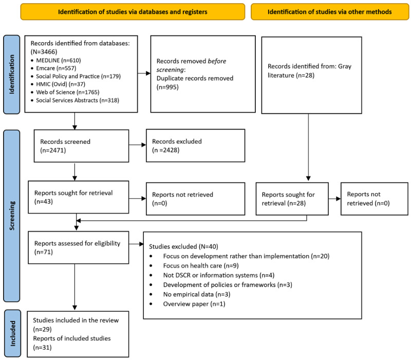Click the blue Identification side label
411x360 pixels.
[x=11, y=74]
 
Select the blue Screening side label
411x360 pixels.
[x=11, y=216]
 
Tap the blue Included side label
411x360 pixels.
[x=12, y=333]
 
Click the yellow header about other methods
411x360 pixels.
[x=330, y=12]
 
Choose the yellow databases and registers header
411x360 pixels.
[x=133, y=12]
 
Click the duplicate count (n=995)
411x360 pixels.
[x=168, y=87]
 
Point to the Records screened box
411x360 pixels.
[x=81, y=146]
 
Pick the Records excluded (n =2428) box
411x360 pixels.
[x=196, y=146]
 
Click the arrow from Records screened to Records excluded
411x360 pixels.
[x=137, y=145]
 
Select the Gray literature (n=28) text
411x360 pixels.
[x=309, y=71]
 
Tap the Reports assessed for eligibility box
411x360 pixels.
[x=79, y=248]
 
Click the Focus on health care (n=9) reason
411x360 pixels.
[x=201, y=266]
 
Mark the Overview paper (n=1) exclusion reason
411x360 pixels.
[x=194, y=304]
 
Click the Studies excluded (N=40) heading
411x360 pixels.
[x=183, y=247]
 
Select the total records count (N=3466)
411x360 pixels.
[x=44, y=52]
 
